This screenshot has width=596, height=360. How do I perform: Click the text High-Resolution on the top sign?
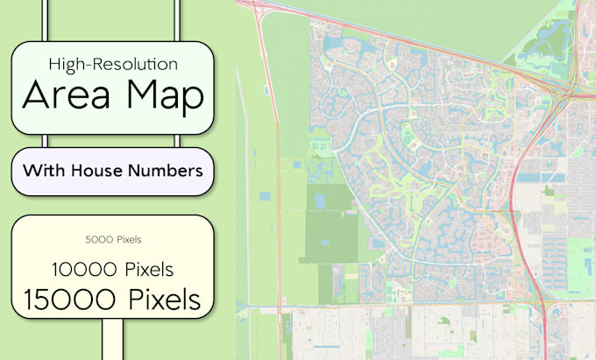pyautogui.click(x=113, y=64)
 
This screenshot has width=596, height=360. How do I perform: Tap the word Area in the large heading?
pyautogui.click(x=66, y=95)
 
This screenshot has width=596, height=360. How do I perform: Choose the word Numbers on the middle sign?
pyautogui.click(x=167, y=170)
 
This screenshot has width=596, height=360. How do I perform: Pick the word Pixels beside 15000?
pyautogui.click(x=165, y=299)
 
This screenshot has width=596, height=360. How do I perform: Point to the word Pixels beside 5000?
pyautogui.click(x=128, y=239)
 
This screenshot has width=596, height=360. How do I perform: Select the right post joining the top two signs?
pyautogui.click(x=178, y=141)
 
